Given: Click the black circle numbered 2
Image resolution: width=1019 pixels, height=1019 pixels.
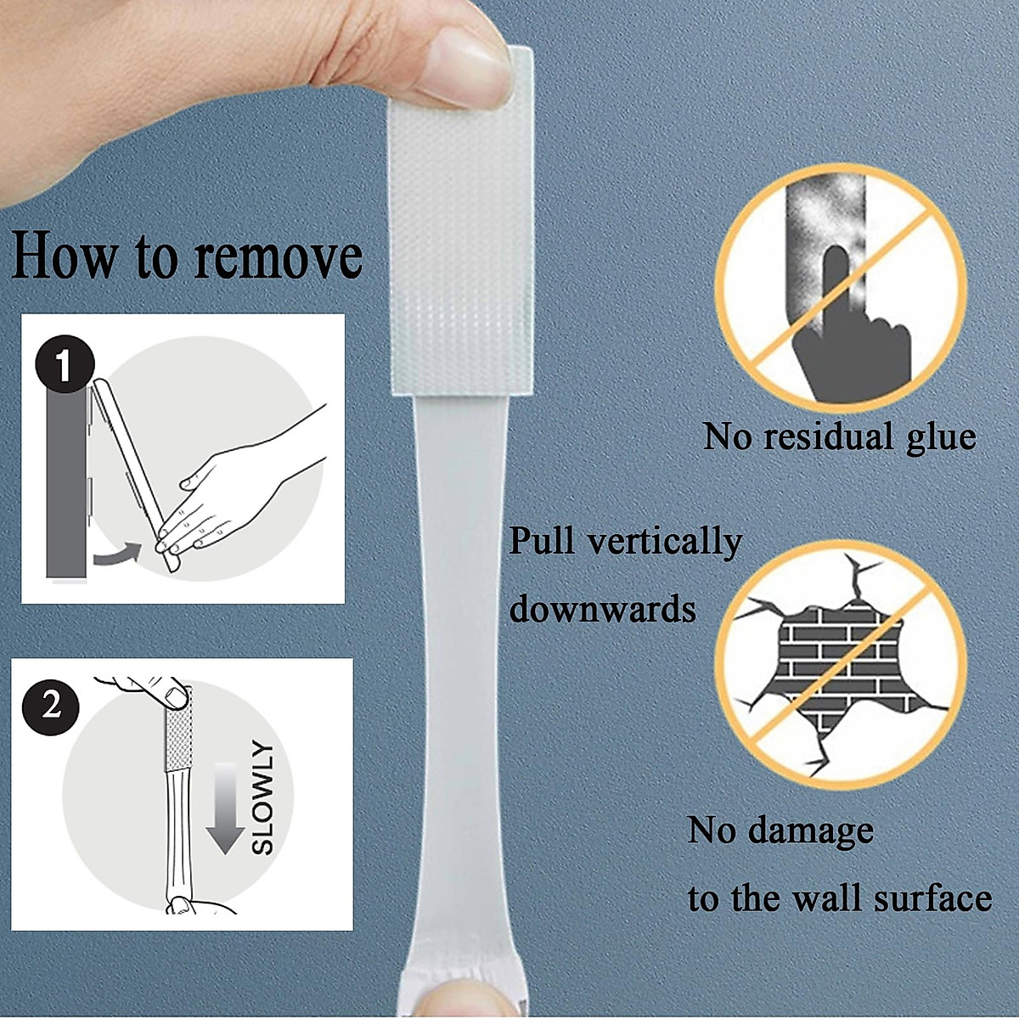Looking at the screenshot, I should point(52,704).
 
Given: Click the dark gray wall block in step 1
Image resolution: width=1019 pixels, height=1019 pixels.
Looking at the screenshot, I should point(65,476).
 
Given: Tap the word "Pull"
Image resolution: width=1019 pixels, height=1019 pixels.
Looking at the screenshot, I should point(541,541).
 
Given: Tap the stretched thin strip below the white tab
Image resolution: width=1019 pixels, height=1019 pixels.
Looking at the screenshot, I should point(459,637).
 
